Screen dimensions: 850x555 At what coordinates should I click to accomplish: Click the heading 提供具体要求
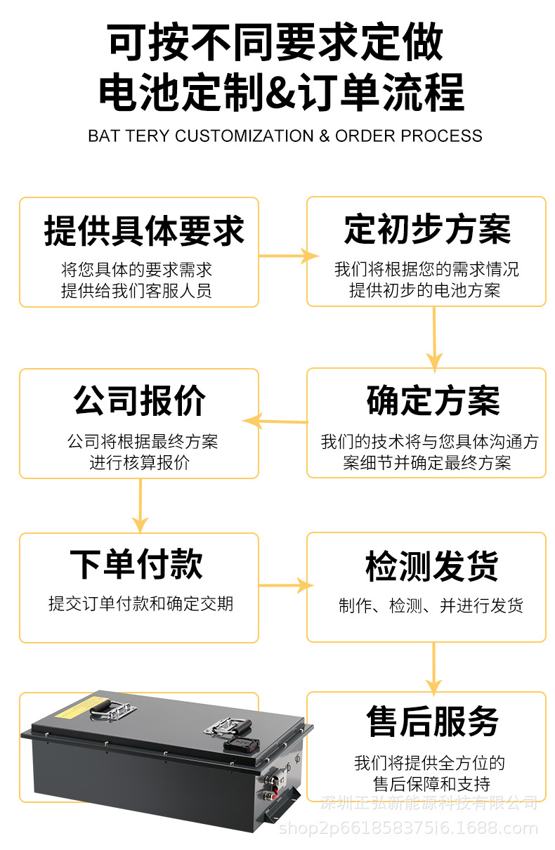point(144,231)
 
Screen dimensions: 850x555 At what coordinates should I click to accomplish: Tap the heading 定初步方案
point(427,230)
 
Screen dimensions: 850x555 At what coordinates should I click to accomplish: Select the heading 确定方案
point(433,401)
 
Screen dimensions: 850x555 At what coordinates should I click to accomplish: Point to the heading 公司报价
point(140,401)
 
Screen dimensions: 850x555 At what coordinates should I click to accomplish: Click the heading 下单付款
point(136,565)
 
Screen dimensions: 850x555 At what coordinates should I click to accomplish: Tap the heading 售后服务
point(433,721)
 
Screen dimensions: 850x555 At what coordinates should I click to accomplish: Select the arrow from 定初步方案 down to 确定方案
point(434,337)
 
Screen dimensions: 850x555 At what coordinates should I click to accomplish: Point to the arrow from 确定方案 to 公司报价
point(275,421)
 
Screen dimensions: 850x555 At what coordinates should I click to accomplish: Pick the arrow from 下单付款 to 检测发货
point(285,585)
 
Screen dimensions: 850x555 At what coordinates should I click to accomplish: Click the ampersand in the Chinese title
point(280,93)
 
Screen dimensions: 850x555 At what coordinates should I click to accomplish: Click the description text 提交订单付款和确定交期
point(141,603)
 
